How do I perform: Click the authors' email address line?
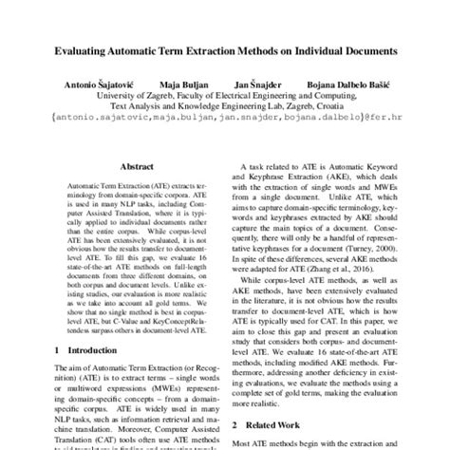point(224,122)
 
